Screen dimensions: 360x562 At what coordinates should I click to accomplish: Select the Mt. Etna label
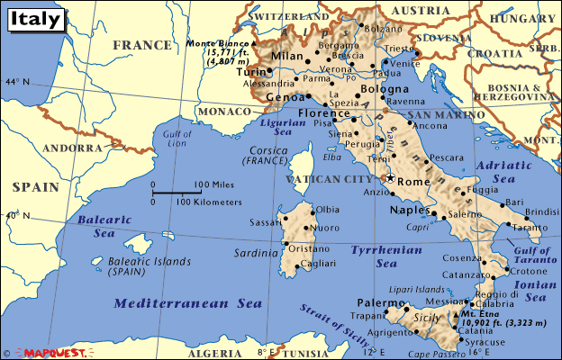pyautogui.click(x=487, y=312)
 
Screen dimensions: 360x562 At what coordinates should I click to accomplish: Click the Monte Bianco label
pyautogui.click(x=219, y=43)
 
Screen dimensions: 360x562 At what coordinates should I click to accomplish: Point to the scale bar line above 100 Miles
pyautogui.click(x=177, y=192)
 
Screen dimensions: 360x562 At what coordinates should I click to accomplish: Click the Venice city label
pyautogui.click(x=404, y=63)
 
